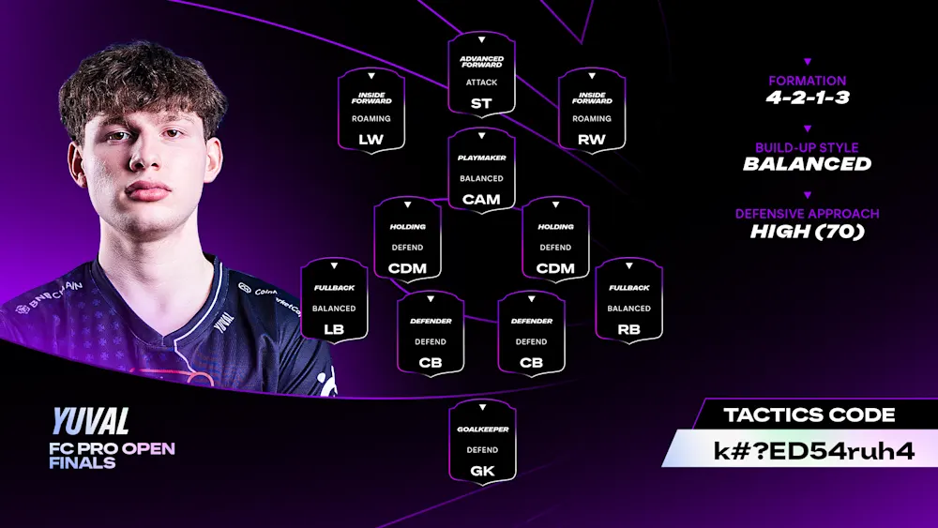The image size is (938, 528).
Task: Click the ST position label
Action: tap(481, 103)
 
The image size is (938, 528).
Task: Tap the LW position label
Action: tap(371, 139)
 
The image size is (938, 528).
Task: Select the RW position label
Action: tap(592, 139)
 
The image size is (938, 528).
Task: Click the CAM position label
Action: tap(481, 199)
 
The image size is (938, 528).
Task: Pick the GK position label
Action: tap(481, 471)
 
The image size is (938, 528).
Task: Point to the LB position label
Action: tap(334, 329)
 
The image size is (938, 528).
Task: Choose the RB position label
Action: tap(629, 329)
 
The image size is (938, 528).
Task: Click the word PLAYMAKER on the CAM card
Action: tap(481, 158)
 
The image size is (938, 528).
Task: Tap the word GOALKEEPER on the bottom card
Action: tap(482, 430)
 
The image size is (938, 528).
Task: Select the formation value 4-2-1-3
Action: tap(808, 97)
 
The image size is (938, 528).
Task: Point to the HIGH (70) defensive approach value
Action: tap(808, 231)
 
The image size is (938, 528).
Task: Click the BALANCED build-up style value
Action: tap(808, 164)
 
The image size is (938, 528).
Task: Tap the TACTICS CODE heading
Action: tap(809, 415)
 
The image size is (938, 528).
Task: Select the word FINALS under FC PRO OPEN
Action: tap(83, 462)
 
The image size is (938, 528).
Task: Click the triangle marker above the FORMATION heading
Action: tap(808, 62)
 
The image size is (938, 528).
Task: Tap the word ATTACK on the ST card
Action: tap(481, 83)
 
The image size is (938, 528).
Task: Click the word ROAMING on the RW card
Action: tap(592, 119)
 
